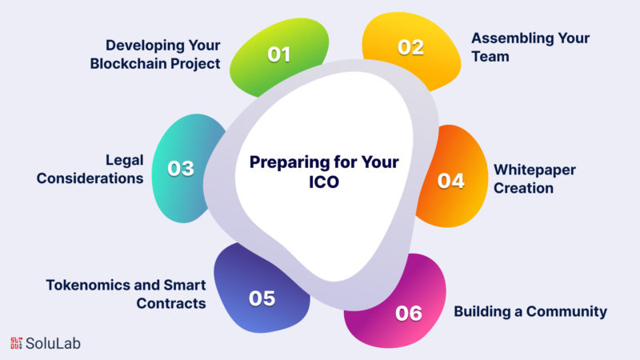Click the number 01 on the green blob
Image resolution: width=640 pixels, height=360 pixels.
279,54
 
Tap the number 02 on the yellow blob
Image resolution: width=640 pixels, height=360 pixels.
411,47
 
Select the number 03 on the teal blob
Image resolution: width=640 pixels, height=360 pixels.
181,168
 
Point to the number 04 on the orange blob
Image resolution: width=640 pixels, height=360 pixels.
451,181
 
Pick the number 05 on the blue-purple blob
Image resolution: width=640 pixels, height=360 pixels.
262,298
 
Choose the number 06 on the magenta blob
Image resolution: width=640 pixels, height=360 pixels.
409,314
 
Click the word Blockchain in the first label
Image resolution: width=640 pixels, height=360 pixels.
128,64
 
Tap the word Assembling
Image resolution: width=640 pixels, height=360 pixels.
512,38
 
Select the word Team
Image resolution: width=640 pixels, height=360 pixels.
490,56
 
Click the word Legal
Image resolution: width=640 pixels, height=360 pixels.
125,160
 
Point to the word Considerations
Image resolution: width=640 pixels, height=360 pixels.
90,178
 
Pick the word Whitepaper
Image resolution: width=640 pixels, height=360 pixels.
534,170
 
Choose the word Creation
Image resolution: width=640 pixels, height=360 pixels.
524,188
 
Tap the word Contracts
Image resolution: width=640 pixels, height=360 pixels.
171,303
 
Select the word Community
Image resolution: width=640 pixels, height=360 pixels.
566,312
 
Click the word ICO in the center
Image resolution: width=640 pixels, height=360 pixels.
324,182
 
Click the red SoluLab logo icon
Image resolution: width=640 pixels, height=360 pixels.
16,343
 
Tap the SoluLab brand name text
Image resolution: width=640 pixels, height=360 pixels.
53,344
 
